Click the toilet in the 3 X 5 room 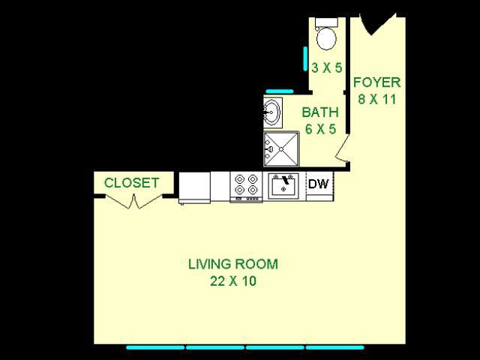coord(326,34)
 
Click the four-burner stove coord(246,185)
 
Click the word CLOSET coord(131,183)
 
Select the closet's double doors coord(133,201)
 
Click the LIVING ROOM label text coord(232,264)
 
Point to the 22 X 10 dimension coord(232,281)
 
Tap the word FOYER coord(376,82)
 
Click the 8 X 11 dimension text coord(376,99)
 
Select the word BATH coord(320,112)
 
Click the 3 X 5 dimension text coord(326,67)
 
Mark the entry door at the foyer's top coord(376,25)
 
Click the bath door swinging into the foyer coord(342,150)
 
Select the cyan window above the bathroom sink coord(279,91)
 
